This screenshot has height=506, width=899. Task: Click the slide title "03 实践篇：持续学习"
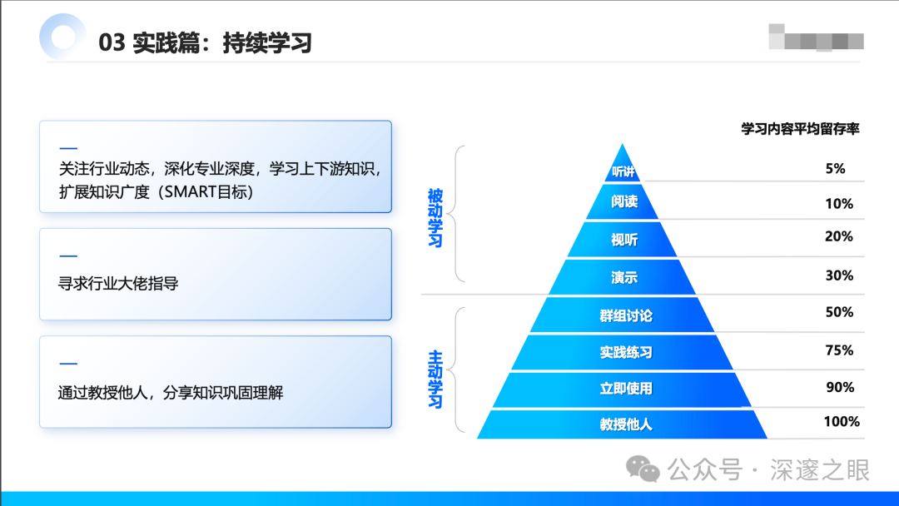tap(205, 42)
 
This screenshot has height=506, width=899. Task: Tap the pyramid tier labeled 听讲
tap(622, 171)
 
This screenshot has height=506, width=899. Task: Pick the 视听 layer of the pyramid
tap(623, 240)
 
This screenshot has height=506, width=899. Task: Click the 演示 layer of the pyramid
tap(623, 277)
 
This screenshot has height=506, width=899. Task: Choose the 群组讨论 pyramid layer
tap(625, 315)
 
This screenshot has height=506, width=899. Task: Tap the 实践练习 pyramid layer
tap(625, 352)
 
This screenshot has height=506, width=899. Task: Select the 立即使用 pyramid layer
tap(625, 389)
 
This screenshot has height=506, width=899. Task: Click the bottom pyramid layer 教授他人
tap(625, 424)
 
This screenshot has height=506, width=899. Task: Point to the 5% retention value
tap(835, 169)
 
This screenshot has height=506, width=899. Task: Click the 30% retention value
tap(839, 275)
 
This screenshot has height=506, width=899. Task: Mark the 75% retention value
tap(839, 350)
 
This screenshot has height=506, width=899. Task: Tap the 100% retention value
tap(842, 422)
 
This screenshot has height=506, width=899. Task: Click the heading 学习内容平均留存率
tap(800, 129)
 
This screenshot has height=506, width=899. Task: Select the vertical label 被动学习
tap(435, 218)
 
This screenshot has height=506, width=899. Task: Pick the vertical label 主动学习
tap(435, 379)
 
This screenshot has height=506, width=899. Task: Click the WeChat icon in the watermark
tap(643, 469)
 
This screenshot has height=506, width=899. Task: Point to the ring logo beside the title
tap(62, 37)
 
